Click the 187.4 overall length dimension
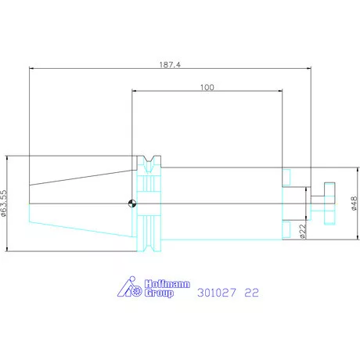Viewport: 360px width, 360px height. pyautogui.click(x=170, y=64)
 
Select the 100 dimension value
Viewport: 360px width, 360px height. pyautogui.click(x=207, y=87)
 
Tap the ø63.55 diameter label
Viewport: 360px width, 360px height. pyautogui.click(x=4, y=203)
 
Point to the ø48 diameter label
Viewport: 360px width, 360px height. pyautogui.click(x=354, y=203)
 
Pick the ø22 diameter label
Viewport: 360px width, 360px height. pyautogui.click(x=303, y=231)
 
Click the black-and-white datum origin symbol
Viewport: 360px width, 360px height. pyautogui.click(x=132, y=203)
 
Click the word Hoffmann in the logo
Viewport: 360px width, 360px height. pyautogui.click(x=167, y=284)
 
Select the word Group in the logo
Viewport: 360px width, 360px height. pyautogui.click(x=159, y=293)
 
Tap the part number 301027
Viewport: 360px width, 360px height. pyautogui.click(x=217, y=293)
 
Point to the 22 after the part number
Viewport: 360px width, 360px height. pyautogui.click(x=251, y=293)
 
